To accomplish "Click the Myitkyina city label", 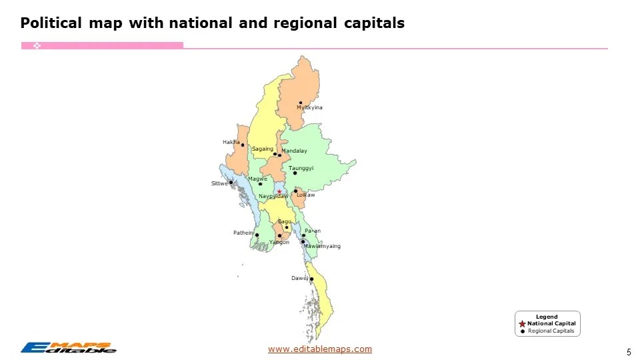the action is coord(309,108).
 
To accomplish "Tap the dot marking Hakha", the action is coord(243,145).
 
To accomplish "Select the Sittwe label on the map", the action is coord(219,183).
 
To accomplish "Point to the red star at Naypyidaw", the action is coord(279,192).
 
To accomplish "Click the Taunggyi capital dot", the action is coord(295,173).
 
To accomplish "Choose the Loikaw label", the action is coord(306,195).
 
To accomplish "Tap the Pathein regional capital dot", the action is coord(257,235).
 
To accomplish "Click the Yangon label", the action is coord(279,243).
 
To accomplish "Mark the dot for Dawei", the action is coord(311,279).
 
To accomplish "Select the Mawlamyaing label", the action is coord(322,247).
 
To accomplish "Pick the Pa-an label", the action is coord(313,231).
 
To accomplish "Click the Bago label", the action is coord(284,221).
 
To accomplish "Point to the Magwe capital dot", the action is coord(261,184).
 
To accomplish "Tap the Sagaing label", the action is coord(262,149).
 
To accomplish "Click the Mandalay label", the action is coord(294,151).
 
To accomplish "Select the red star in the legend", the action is coord(522,324).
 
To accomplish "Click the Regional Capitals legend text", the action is coord(551,331).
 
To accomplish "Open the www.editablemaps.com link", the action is coord(320,349).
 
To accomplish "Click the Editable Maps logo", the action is coord(68,347).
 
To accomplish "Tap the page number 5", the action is coord(629,352).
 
